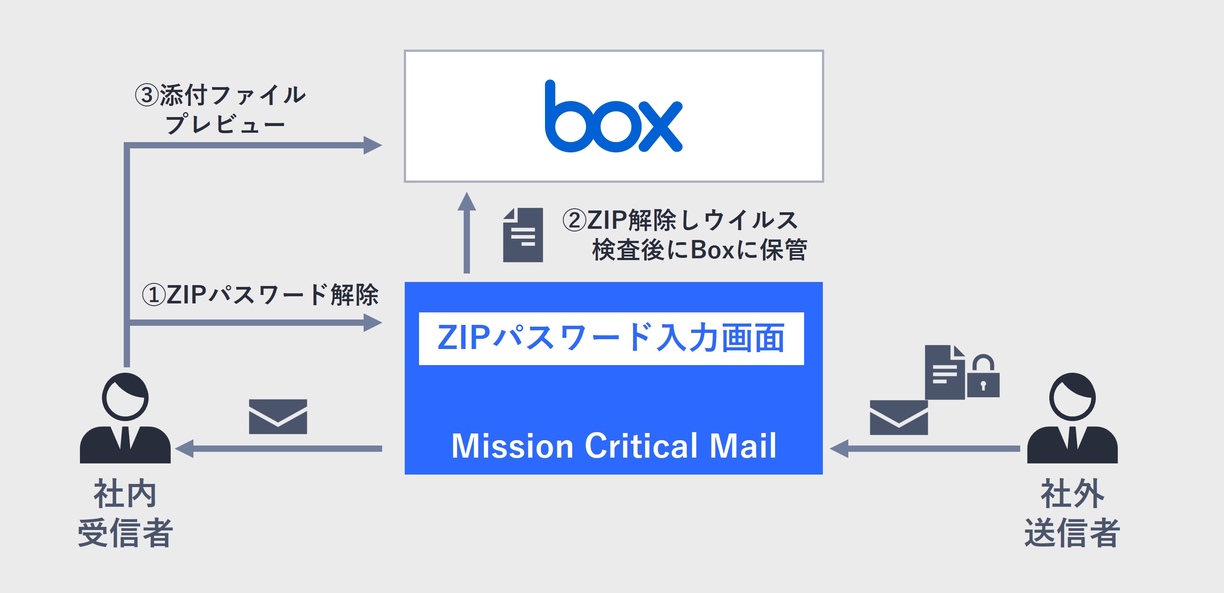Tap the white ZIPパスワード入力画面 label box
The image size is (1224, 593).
click(611, 338)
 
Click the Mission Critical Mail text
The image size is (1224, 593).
click(613, 446)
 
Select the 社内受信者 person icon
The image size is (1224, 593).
click(125, 418)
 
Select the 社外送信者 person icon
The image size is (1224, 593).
click(1072, 418)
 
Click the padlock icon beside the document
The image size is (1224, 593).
click(983, 378)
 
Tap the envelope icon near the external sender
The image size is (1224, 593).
click(898, 417)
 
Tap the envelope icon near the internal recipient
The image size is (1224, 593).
click(278, 416)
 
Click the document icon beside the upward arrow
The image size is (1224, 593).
click(523, 235)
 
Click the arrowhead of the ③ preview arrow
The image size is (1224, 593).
click(373, 145)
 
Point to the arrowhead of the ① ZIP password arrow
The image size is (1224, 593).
click(373, 323)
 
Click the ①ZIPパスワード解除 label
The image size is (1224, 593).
click(260, 294)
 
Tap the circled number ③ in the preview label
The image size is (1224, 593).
click(147, 95)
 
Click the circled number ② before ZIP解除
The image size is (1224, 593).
click(574, 220)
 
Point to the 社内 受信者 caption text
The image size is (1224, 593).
click(125, 513)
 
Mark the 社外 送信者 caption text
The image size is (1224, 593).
click(1072, 513)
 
